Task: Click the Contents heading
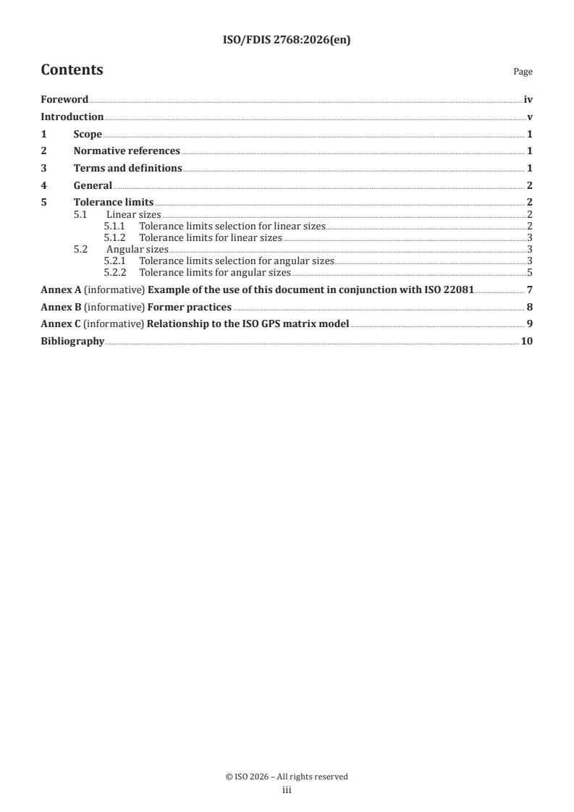pos(72,70)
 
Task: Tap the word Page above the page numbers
pos(523,72)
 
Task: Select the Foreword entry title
pos(64,100)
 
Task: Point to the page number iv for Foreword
pos(528,100)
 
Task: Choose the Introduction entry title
pos(72,117)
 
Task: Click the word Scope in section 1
pos(88,134)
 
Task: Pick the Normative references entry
pos(127,151)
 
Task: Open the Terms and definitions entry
pos(127,168)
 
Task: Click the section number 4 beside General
pos(43,185)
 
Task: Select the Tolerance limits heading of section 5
pos(114,203)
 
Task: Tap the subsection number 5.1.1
pos(115,227)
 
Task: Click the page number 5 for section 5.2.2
pos(530,273)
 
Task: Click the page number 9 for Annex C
pos(530,323)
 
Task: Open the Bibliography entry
pos(72,341)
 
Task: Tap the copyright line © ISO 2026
pos(287,777)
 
